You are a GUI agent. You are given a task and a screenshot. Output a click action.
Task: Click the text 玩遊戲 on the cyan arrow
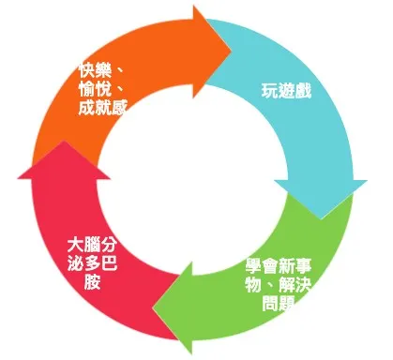pyautogui.click(x=285, y=92)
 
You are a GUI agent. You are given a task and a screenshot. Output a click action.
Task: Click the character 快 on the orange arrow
pyautogui.click(x=88, y=70)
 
